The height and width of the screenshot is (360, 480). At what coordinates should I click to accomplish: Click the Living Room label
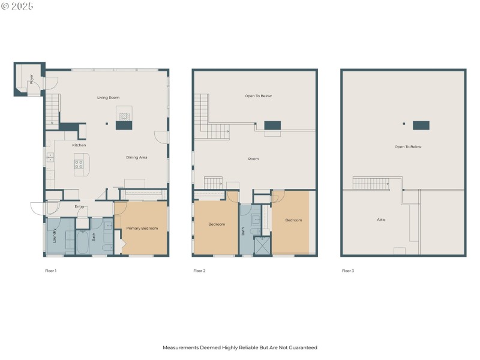109,97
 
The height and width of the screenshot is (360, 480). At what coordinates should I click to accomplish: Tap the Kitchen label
79,145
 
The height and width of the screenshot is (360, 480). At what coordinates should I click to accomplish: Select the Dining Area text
137,157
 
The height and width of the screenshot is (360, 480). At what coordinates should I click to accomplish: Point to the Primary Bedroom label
141,229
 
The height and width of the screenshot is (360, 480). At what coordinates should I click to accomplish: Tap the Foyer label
31,79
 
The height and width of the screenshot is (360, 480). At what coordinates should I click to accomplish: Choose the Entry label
79,207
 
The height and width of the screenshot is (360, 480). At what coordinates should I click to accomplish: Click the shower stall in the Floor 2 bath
262,246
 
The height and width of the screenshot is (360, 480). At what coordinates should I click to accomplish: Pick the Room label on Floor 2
253,159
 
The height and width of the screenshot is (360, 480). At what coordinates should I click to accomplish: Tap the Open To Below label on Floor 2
258,96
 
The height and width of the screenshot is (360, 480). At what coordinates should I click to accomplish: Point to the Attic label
381,220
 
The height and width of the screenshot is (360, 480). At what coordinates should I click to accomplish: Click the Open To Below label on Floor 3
408,146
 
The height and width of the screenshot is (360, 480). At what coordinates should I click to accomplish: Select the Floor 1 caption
50,271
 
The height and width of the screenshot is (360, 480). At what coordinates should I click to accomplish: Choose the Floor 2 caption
199,271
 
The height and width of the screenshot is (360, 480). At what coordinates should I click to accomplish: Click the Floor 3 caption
348,271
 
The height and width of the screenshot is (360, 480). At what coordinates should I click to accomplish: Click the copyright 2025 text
18,6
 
